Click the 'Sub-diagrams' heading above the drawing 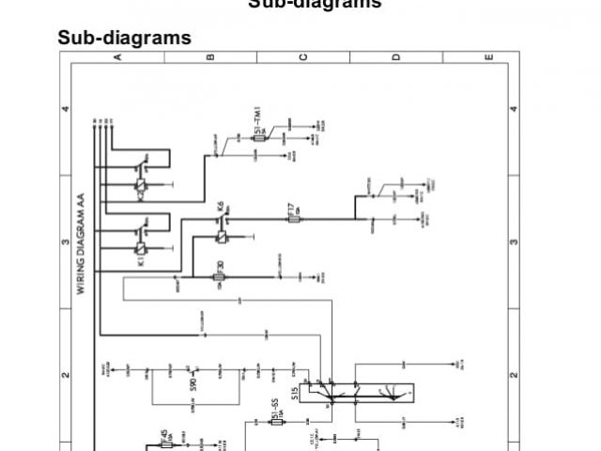pyautogui.click(x=125, y=38)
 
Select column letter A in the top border pyautogui.click(x=118, y=56)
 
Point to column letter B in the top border pyautogui.click(x=209, y=56)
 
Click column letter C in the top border pyautogui.click(x=302, y=56)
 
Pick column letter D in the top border pyautogui.click(x=395, y=56)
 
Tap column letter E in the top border pyautogui.click(x=488, y=56)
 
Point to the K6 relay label pyautogui.click(x=220, y=205)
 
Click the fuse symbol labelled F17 pyautogui.click(x=293, y=219)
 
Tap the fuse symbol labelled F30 pyautogui.click(x=219, y=277)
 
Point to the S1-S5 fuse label pyautogui.click(x=277, y=410)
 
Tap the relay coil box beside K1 pyautogui.click(x=141, y=248)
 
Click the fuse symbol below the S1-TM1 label pyautogui.click(x=262, y=138)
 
